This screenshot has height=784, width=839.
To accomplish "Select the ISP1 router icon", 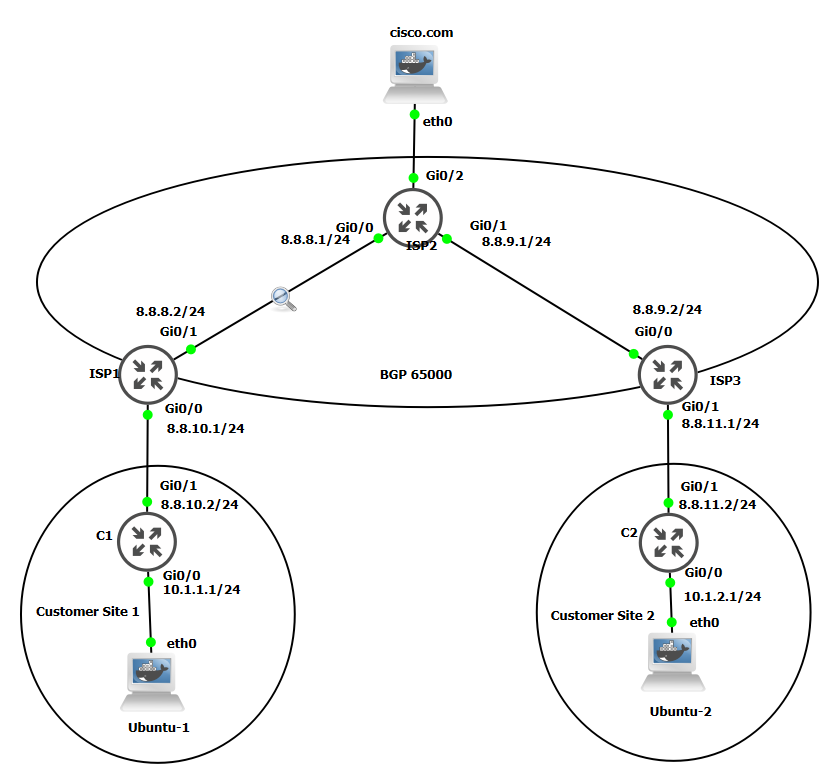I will [148, 375].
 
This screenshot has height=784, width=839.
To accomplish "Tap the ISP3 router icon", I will [668, 375].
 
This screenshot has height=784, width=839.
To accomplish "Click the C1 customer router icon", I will [147, 541].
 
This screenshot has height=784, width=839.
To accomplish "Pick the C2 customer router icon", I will [668, 541].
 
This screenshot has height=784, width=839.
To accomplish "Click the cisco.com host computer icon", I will [415, 75].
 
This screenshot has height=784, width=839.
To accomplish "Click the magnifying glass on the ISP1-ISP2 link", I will [283, 298].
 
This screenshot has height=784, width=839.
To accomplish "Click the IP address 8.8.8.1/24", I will [316, 240].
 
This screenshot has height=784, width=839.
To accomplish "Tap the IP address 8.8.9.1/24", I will [516, 241].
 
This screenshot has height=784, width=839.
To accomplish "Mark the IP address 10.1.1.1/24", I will [201, 589].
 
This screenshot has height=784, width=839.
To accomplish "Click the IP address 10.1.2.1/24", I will [722, 596].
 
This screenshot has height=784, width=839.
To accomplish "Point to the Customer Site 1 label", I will [88, 611].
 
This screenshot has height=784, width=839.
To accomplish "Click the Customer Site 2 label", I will [603, 615].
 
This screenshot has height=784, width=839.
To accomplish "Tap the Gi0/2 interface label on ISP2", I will [445, 176].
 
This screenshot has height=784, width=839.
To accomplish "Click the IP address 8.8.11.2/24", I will [717, 504].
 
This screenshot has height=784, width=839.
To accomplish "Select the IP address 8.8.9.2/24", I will [667, 310].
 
